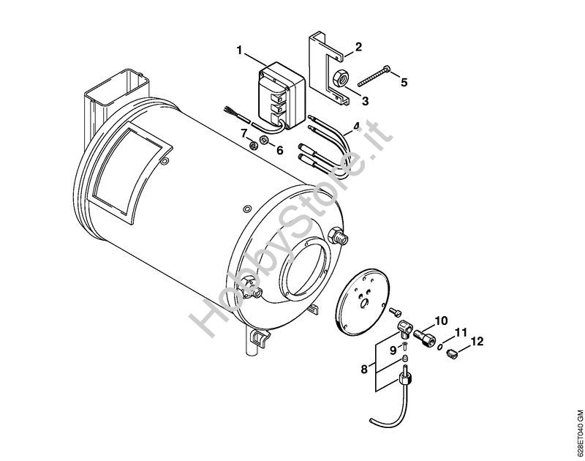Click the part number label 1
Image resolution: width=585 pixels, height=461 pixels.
pos(239,50)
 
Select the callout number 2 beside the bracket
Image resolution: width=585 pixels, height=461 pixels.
pos(358,47)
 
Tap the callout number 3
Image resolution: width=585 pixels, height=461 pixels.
pos(365,100)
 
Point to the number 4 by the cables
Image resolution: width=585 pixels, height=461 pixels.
pos(355,127)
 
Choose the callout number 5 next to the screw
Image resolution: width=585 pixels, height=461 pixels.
pos(404,82)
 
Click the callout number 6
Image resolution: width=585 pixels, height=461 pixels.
pos(279,150)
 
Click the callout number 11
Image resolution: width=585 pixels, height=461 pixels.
pos(459,333)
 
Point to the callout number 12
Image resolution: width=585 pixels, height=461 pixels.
pos(477,342)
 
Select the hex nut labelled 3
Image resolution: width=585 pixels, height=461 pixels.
pos(342,77)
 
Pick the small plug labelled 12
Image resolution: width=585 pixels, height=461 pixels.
pos(452,355)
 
